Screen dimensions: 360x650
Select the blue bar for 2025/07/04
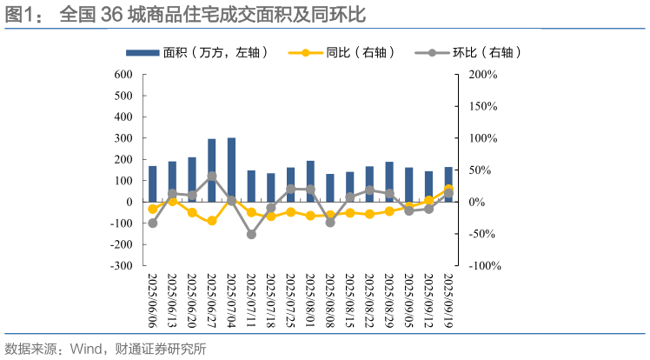pyautogui.click(x=231, y=170)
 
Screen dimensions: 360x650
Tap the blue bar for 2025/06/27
pyautogui.click(x=212, y=170)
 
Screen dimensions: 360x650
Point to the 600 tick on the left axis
pyautogui.click(x=123, y=75)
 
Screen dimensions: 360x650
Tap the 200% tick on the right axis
pyautogui.click(x=481, y=75)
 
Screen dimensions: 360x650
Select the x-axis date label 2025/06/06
pyautogui.click(x=153, y=301)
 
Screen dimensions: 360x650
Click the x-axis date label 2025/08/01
pyautogui.click(x=310, y=301)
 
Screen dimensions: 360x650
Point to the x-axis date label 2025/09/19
pyautogui.click(x=448, y=301)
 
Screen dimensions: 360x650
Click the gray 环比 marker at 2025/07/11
pyautogui.click(x=251, y=234)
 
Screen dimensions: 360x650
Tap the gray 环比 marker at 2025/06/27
pyautogui.click(x=212, y=177)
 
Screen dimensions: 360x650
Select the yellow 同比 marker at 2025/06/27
pyautogui.click(x=212, y=221)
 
